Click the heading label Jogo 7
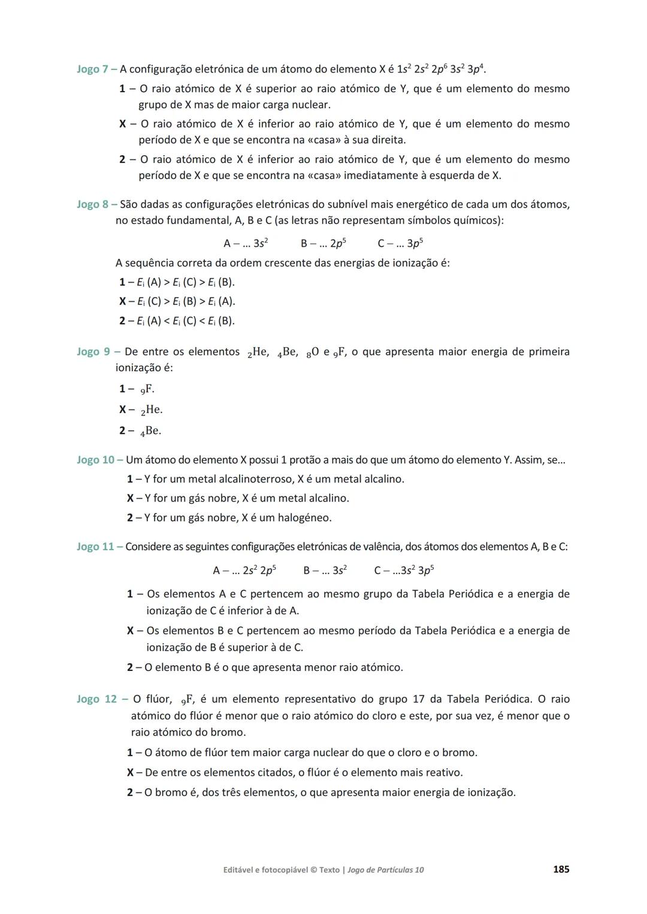[x=92, y=69]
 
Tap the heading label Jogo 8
[x=92, y=205]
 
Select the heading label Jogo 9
[x=93, y=352]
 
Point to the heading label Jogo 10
[x=95, y=460]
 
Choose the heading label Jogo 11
[x=95, y=547]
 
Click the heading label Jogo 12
[x=97, y=700]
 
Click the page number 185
[x=561, y=870]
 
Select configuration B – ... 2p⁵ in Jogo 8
[x=323, y=244]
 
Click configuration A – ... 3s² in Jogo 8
[x=246, y=244]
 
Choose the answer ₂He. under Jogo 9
[x=152, y=410]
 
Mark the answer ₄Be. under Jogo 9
[x=150, y=431]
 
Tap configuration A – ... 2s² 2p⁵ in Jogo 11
[x=244, y=571]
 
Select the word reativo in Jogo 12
[x=443, y=773]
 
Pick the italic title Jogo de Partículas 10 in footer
[x=385, y=870]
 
